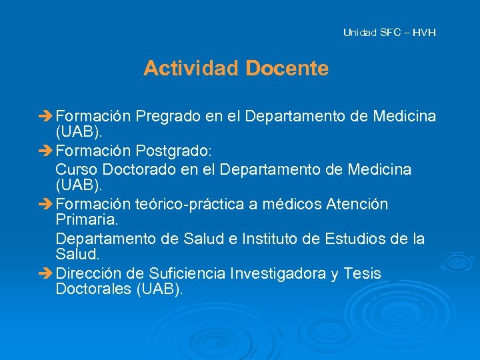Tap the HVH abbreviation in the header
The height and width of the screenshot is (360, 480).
tap(424, 32)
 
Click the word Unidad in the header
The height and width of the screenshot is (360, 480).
tap(359, 32)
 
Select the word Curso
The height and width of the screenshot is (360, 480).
tap(75, 170)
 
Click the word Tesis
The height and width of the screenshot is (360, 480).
tap(363, 274)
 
